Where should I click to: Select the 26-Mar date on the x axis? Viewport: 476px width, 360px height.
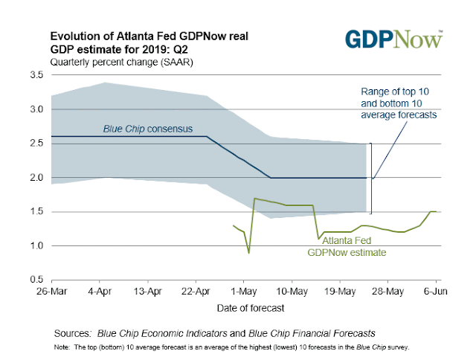51,291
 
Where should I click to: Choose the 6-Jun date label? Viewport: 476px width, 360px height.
437,291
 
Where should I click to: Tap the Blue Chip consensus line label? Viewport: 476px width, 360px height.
147,129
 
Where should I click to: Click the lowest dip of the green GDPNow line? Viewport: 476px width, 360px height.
248,253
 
